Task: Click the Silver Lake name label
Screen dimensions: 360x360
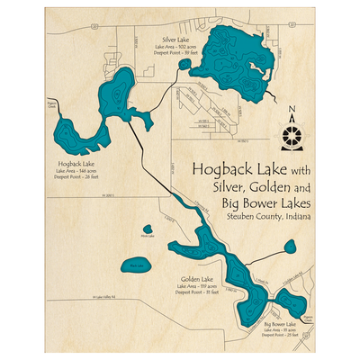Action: pyautogui.click(x=175, y=40)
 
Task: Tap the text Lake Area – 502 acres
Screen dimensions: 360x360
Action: pyautogui.click(x=175, y=48)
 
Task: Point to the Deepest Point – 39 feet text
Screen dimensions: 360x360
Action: pyautogui.click(x=175, y=54)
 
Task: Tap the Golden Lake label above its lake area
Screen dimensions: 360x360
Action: pyautogui.click(x=195, y=279)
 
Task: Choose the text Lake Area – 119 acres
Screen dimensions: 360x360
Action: pyautogui.click(x=195, y=286)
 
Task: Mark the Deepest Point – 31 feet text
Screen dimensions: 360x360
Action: pyautogui.click(x=195, y=292)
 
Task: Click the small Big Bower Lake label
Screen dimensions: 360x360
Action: pyautogui.click(x=280, y=323)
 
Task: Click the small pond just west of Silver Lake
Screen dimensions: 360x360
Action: pyautogui.click(x=184, y=64)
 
